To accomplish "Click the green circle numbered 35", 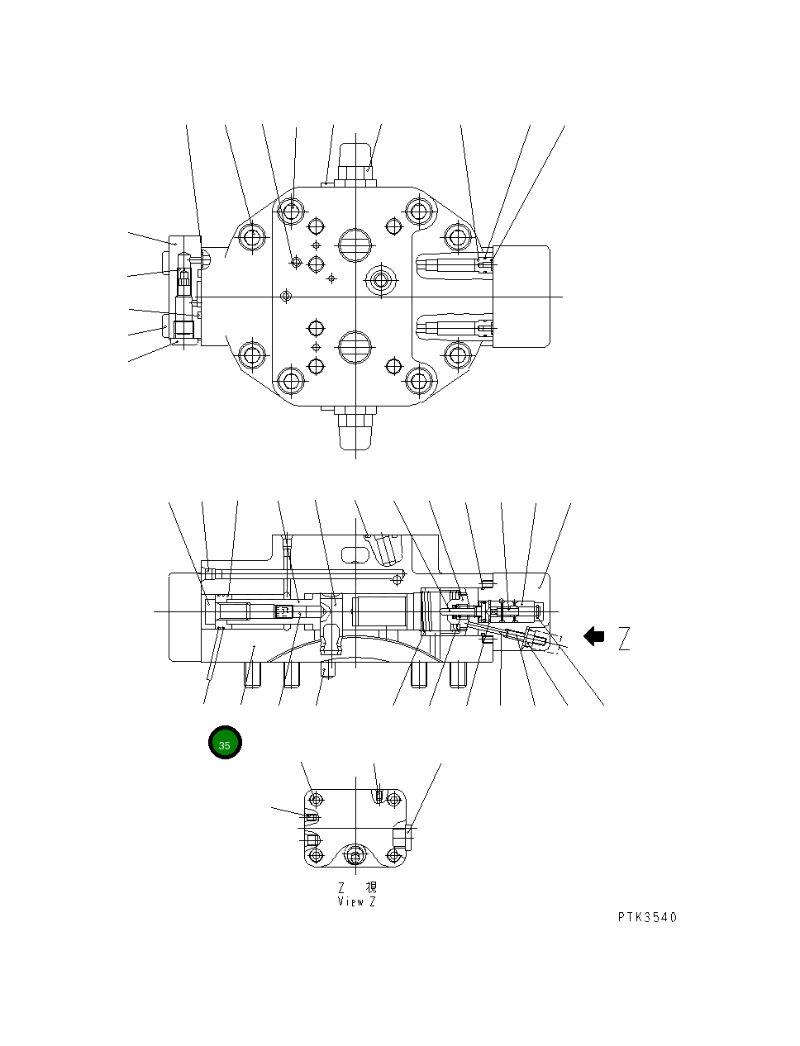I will tap(225, 743).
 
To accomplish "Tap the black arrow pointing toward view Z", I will tap(593, 636).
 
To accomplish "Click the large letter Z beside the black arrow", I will tap(624, 638).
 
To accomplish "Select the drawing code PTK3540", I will tap(646, 917).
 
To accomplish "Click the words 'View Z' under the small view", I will tap(356, 901).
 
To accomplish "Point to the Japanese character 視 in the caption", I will tap(371, 887).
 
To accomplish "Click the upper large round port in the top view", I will tap(355, 243).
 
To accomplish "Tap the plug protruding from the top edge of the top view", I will tap(355, 161).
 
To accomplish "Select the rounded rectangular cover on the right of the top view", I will tap(521, 296).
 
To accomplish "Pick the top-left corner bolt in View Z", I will tap(315, 800).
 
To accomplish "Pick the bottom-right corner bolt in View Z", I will tap(395, 854).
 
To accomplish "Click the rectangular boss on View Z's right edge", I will tap(402, 836).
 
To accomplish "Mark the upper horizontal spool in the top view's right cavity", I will tap(450, 264).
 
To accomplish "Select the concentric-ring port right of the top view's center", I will tap(380, 280).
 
